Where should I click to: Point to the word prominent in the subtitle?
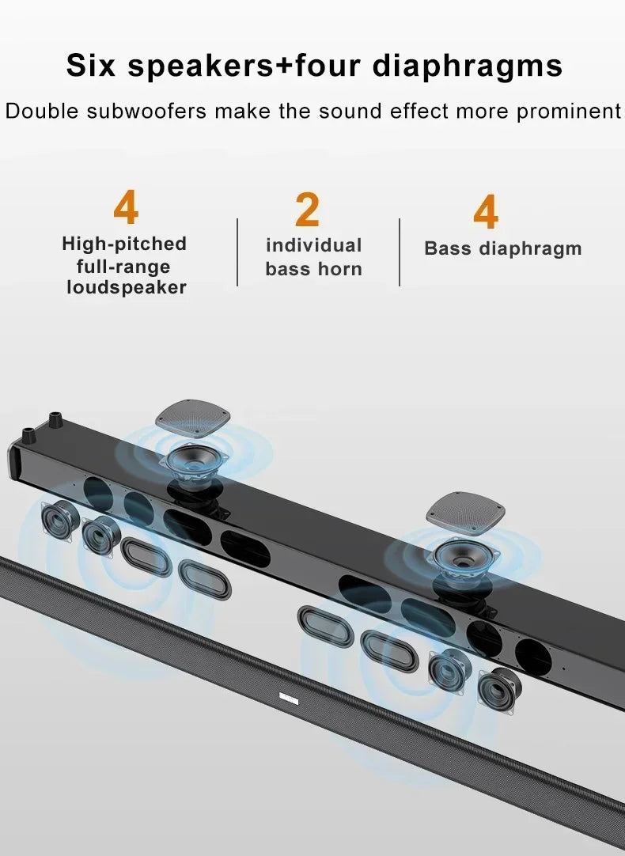[x=569, y=111]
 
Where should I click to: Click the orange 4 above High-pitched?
[x=126, y=207]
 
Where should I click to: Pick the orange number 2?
[x=307, y=210]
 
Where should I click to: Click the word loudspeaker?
[x=127, y=287]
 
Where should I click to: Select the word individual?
[x=314, y=245]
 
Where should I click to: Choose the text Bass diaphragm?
[x=503, y=248]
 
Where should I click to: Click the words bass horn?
[x=314, y=269]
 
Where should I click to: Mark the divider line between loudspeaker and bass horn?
[x=237, y=252]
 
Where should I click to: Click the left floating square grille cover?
[x=192, y=419]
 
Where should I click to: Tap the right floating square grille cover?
[x=465, y=512]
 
